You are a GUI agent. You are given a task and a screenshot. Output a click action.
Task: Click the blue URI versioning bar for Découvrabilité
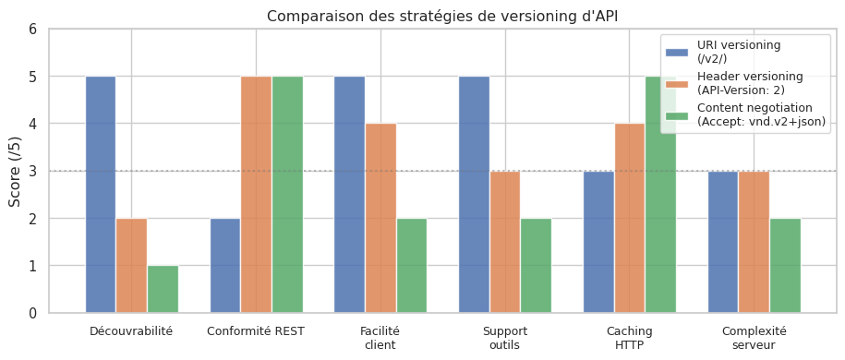(x=101, y=194)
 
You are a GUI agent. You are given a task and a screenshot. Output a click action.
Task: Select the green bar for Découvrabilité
(x=163, y=289)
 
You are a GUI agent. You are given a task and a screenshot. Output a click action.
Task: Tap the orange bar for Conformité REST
(x=256, y=194)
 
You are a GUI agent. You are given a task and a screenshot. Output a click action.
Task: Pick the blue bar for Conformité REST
(x=225, y=266)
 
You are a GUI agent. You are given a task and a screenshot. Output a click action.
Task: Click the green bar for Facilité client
(x=412, y=266)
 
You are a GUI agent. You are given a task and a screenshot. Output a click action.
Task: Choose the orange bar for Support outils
(x=505, y=242)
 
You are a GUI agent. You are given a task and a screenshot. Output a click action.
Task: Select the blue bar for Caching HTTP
(x=598, y=242)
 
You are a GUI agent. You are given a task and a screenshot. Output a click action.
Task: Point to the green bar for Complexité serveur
(x=785, y=266)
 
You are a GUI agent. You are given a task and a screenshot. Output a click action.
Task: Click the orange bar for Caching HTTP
(x=629, y=218)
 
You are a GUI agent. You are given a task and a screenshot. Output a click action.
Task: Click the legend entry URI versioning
(x=739, y=51)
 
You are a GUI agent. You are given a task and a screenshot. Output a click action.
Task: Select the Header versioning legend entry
(x=749, y=82)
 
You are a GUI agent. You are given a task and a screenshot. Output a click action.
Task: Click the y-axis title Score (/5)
(x=16, y=171)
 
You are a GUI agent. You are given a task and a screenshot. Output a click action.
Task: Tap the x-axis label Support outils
(x=504, y=338)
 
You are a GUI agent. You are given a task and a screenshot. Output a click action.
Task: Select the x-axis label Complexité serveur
(x=754, y=338)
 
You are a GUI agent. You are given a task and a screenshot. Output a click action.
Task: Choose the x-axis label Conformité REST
(x=256, y=330)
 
